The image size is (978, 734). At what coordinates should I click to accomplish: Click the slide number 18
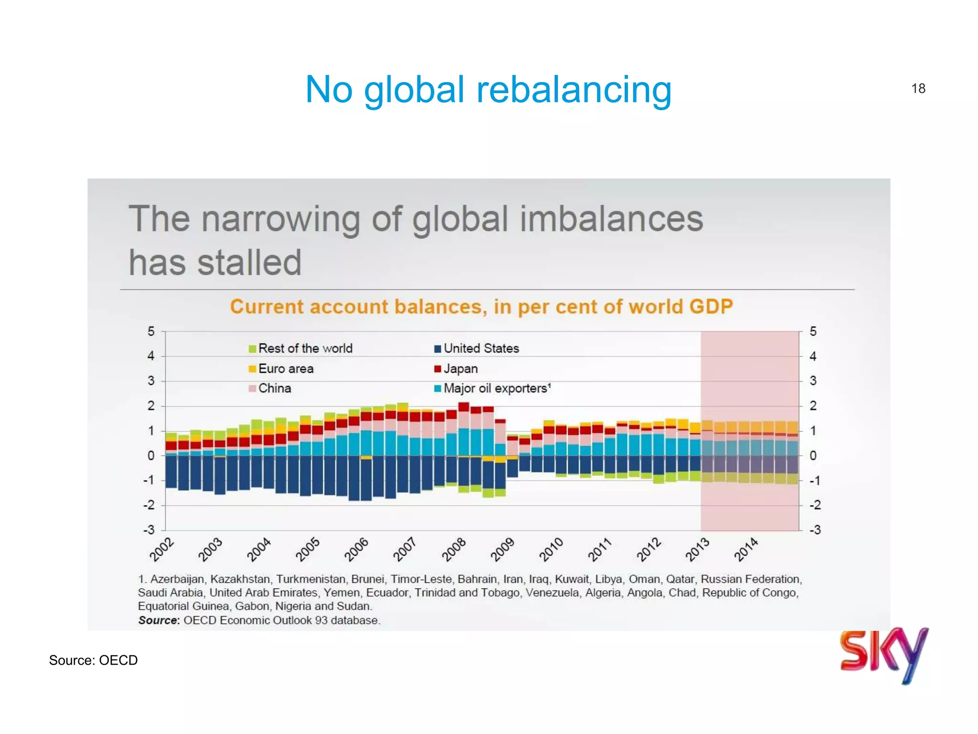pos(918,88)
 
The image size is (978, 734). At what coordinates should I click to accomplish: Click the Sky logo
pos(883,654)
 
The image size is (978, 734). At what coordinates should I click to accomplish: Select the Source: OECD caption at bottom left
pos(93,660)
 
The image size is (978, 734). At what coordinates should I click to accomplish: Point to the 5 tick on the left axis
pos(151,331)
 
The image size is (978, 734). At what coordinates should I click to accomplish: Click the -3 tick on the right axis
pos(815,529)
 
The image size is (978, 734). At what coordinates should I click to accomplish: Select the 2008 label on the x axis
pos(454,550)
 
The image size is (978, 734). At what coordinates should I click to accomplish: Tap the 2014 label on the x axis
pos(746,550)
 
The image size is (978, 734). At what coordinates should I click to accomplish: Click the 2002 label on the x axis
pos(162,550)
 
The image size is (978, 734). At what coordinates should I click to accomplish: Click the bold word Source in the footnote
pos(158,620)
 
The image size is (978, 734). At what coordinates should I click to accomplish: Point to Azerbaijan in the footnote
pos(177,579)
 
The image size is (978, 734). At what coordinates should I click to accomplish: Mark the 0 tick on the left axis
pos(151,455)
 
